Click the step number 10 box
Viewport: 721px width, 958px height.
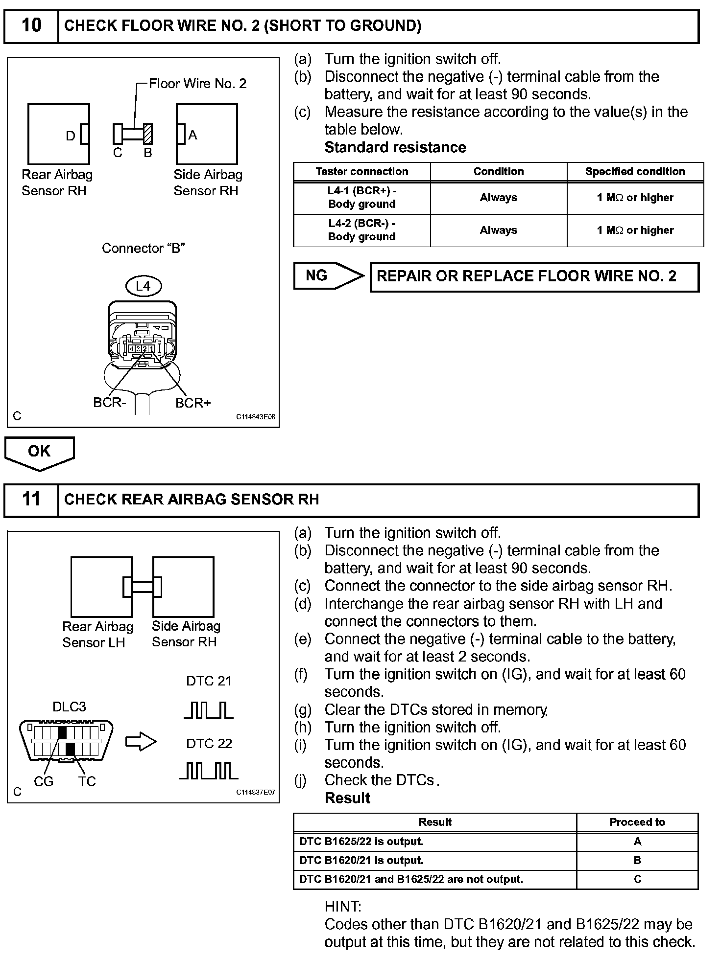click(x=31, y=26)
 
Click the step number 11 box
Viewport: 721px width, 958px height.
click(x=31, y=500)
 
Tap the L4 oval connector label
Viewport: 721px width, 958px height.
click(x=143, y=286)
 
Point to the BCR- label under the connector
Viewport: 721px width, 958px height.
click(x=110, y=403)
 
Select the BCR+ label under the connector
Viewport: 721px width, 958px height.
click(x=193, y=403)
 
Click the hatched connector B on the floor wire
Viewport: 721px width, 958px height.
click(x=148, y=134)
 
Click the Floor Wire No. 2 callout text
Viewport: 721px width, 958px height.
click(x=197, y=84)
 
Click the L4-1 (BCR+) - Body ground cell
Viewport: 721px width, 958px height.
click(x=362, y=198)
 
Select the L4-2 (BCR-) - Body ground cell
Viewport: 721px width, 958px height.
click(x=362, y=230)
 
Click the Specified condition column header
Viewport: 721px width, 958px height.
click(x=635, y=172)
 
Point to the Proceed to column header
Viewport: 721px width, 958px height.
click(x=637, y=822)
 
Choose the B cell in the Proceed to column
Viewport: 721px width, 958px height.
click(x=637, y=860)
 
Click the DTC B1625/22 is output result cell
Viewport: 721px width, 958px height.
click(x=434, y=842)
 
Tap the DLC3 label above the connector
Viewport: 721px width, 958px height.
click(x=69, y=707)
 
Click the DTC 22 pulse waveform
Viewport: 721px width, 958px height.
click(x=209, y=771)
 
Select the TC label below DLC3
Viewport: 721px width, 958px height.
click(x=87, y=781)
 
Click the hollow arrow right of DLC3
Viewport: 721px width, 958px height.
click(x=141, y=742)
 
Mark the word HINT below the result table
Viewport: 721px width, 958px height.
click(x=343, y=907)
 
